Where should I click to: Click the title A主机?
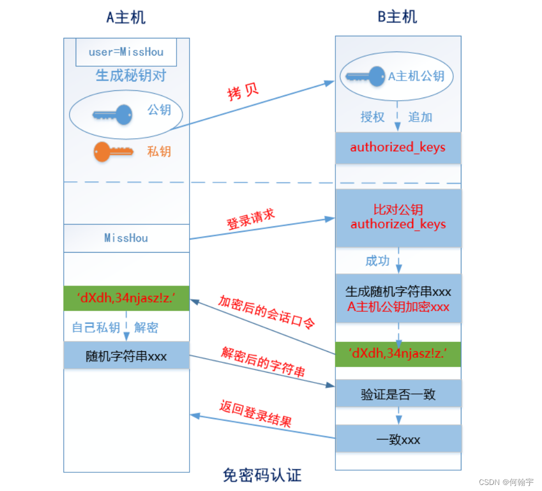pyautogui.click(x=126, y=17)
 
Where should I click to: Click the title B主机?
pyautogui.click(x=397, y=17)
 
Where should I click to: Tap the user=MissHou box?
pyautogui.click(x=126, y=53)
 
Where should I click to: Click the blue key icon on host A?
pyautogui.click(x=113, y=115)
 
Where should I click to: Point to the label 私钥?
pyautogui.click(x=159, y=151)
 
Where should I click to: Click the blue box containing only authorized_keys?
pyautogui.click(x=398, y=147)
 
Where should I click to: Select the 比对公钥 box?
pyautogui.click(x=398, y=217)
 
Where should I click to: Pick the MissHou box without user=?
pyautogui.click(x=126, y=238)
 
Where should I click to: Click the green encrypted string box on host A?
pyautogui.click(x=127, y=298)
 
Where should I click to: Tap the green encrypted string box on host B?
pyautogui.click(x=398, y=354)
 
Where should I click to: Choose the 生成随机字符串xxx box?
pyautogui.click(x=398, y=299)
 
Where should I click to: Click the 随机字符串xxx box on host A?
pyautogui.click(x=127, y=356)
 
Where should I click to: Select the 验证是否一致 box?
pyautogui.click(x=398, y=394)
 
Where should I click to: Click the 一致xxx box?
pyautogui.click(x=398, y=439)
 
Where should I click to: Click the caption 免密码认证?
pyautogui.click(x=262, y=475)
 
